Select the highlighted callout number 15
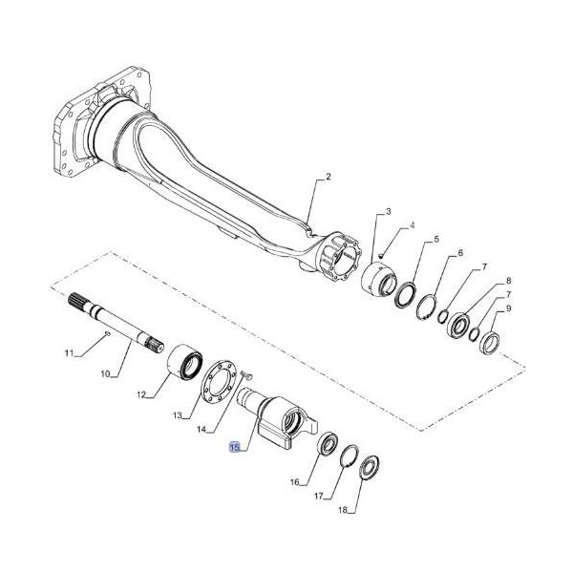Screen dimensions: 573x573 (x=234, y=446)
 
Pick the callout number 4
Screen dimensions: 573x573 (x=412, y=226)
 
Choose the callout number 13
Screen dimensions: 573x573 (x=177, y=416)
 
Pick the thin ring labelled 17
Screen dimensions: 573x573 (x=348, y=456)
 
